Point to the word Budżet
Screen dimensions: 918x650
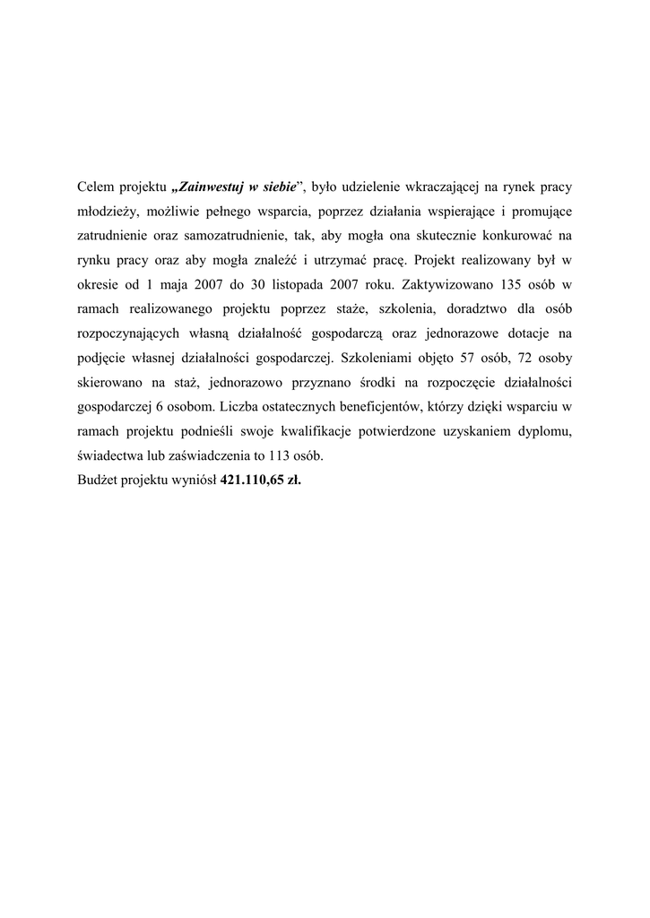[x=99, y=480]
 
